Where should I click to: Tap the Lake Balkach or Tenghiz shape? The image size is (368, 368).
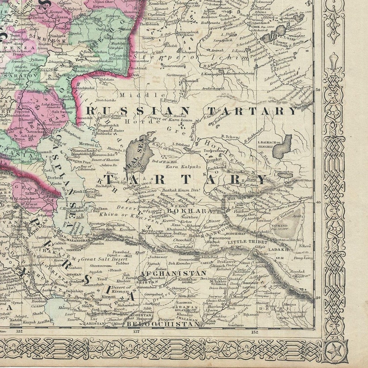pyautogui.click(x=283, y=146)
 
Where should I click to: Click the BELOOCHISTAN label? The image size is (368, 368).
pyautogui.click(x=171, y=324)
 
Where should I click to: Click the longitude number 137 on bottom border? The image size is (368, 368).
pyautogui.click(x=136, y=331)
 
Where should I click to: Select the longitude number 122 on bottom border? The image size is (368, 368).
pyautogui.click(x=19, y=331)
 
